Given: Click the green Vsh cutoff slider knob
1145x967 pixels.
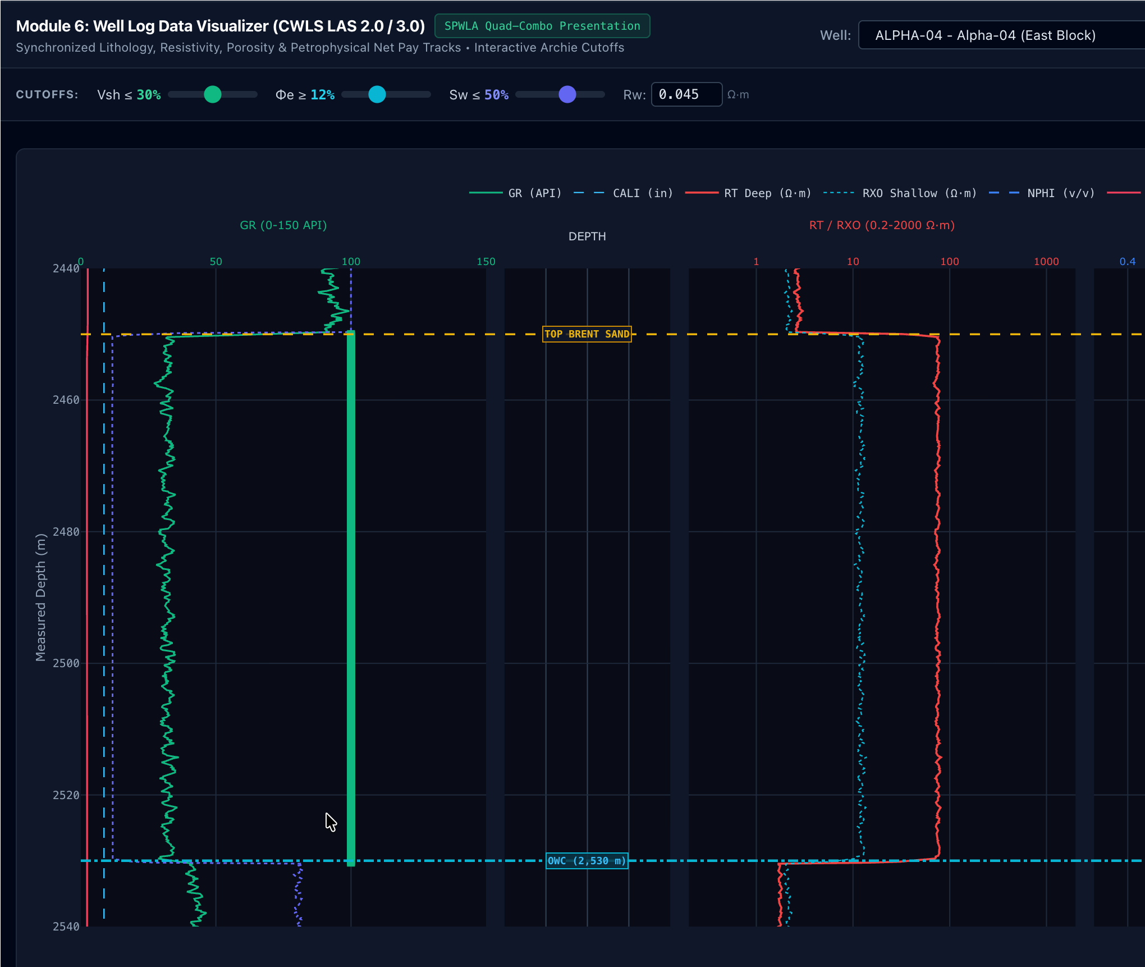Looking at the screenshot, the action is pos(213,94).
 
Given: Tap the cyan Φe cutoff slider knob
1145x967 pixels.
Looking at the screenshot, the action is pos(377,94).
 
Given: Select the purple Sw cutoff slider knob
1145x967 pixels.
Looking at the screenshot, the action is pos(567,94).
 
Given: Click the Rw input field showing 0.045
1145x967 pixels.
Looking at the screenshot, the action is pos(686,94).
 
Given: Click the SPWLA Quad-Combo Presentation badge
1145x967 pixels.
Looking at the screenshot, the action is pos(542,26).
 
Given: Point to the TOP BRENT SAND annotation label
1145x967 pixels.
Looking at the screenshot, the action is pos(587,334).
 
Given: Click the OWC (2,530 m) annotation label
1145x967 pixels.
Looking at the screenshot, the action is pos(587,861).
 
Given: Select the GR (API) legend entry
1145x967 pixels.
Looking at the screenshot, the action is pos(515,193).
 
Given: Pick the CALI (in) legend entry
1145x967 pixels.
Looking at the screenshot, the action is pos(623,193).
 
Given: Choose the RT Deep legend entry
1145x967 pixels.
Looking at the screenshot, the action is pos(748,193).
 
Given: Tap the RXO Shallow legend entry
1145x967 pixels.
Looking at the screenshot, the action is pos(900,193).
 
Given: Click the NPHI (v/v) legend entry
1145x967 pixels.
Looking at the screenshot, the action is pos(1042,193).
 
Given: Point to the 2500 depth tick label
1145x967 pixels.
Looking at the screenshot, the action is pos(66,663).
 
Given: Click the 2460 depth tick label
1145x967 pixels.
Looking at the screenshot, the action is pos(66,400).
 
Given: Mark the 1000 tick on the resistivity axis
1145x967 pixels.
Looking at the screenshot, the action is pos(1046,262).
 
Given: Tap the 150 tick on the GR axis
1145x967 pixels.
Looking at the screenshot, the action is pos(486,262).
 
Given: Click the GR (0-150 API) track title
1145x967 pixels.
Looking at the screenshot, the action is pos(283,225).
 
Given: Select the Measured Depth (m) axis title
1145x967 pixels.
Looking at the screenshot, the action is pos(40,597).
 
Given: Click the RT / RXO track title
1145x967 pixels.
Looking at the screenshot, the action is pos(882,225).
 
